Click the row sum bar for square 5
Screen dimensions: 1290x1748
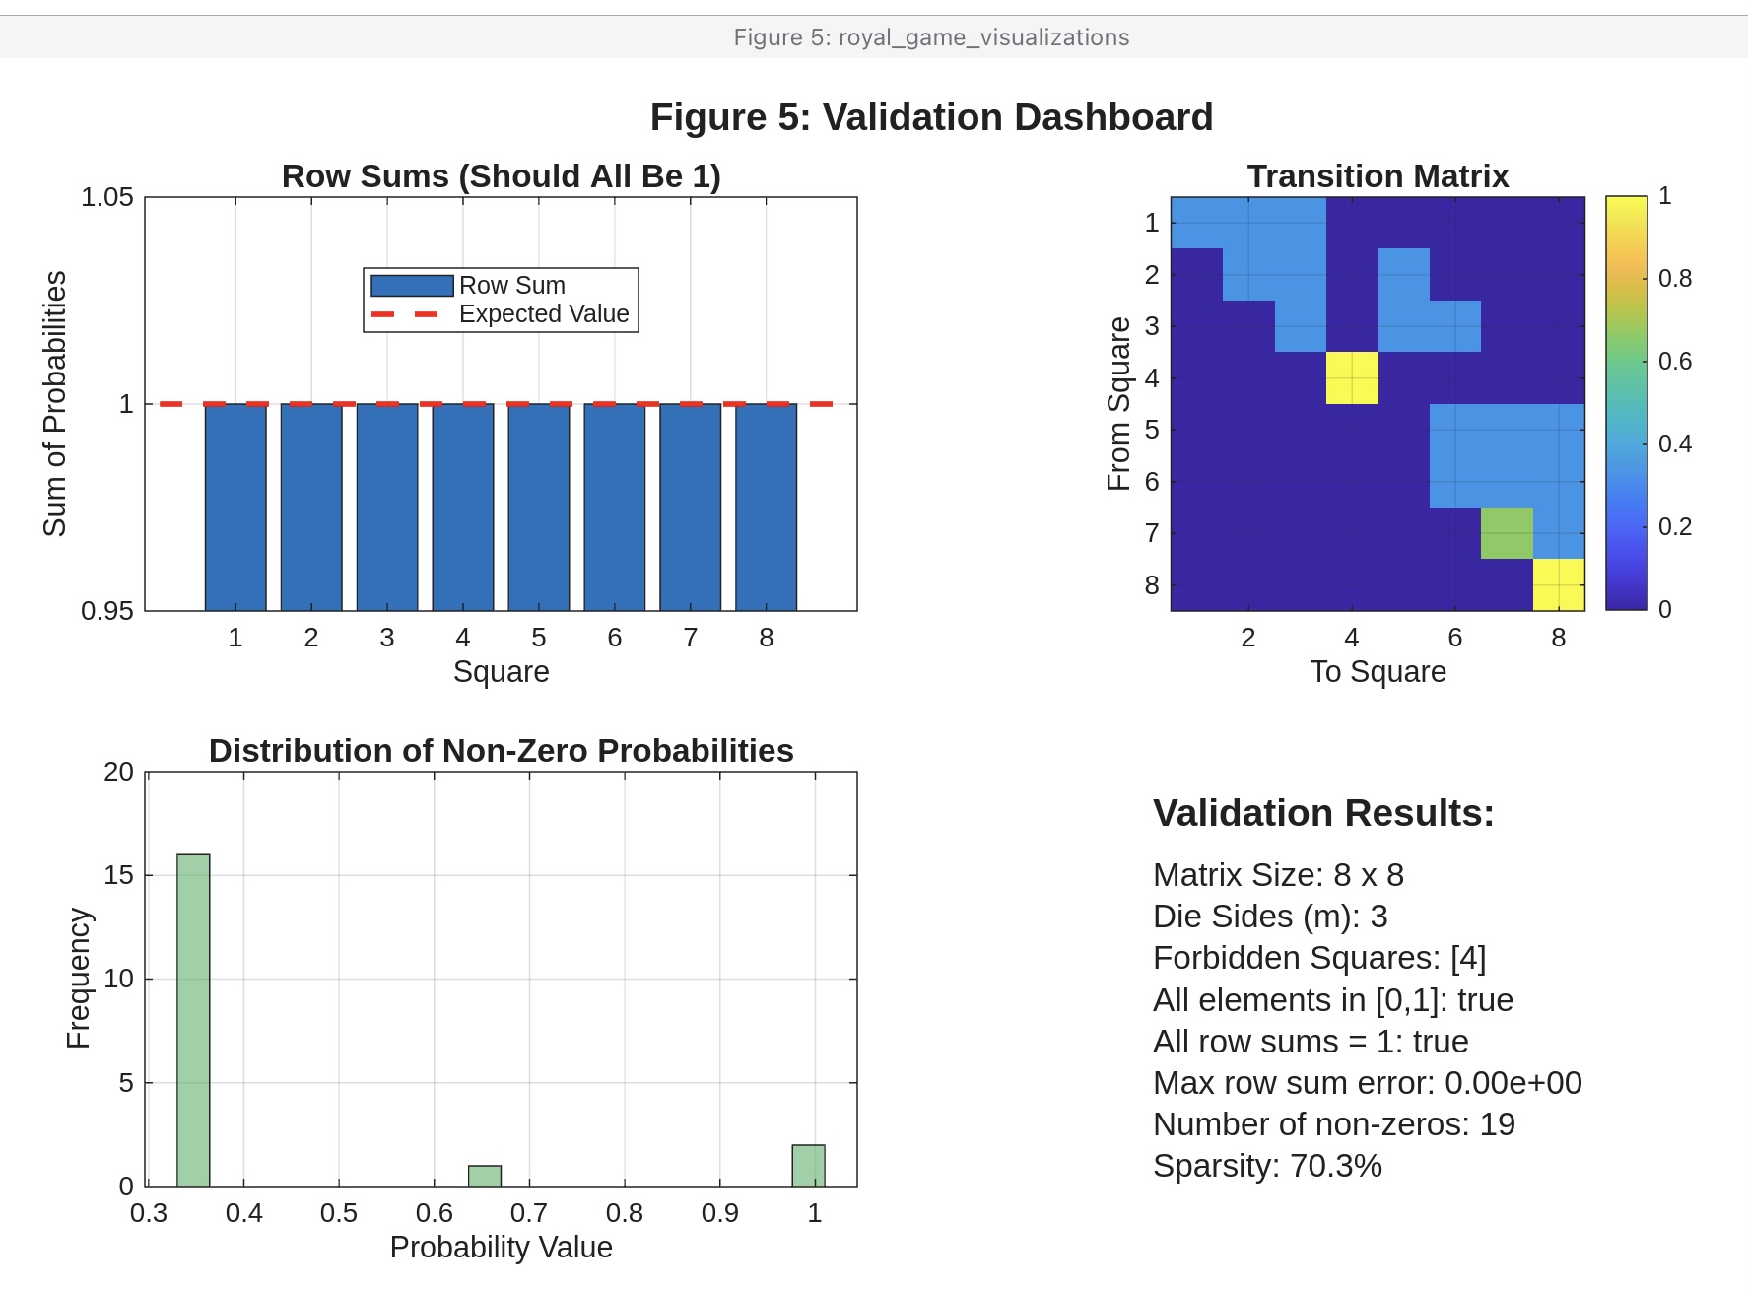point(538,507)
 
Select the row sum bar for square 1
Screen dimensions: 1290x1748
point(235,507)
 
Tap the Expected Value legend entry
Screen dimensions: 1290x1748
point(543,314)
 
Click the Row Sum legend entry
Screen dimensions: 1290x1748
point(511,286)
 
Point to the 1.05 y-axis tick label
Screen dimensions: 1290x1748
point(106,198)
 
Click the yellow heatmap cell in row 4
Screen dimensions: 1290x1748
point(1352,377)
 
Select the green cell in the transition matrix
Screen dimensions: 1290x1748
point(1507,533)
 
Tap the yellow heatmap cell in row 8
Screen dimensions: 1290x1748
point(1559,584)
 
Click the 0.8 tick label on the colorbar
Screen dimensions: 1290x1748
point(1674,279)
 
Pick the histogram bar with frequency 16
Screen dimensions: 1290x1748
point(193,1020)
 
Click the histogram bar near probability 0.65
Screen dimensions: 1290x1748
point(485,1176)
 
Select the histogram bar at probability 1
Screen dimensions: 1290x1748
point(808,1165)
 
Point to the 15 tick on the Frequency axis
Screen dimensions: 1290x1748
point(118,875)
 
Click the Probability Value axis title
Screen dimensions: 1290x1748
point(501,1248)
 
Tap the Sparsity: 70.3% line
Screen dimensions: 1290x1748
point(1267,1166)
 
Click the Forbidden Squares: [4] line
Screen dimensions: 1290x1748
point(1319,958)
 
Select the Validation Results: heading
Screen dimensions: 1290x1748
point(1323,814)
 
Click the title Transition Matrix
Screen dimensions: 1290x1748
point(1378,176)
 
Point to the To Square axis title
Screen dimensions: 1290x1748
point(1378,672)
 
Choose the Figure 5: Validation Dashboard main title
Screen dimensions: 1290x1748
point(931,117)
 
